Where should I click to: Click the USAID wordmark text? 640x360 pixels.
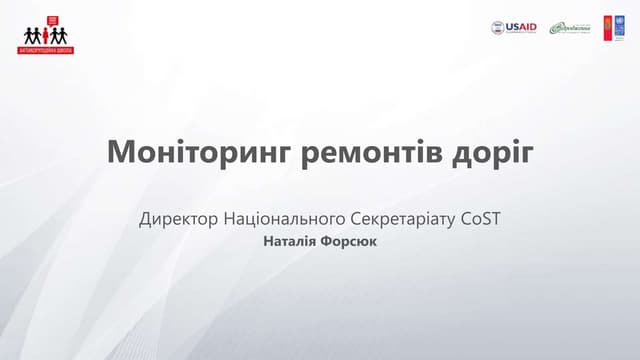coord(522,27)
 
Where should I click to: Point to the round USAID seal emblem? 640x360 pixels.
coord(498,28)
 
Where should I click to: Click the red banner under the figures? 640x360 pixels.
coord(47,49)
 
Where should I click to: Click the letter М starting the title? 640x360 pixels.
coord(119,154)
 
